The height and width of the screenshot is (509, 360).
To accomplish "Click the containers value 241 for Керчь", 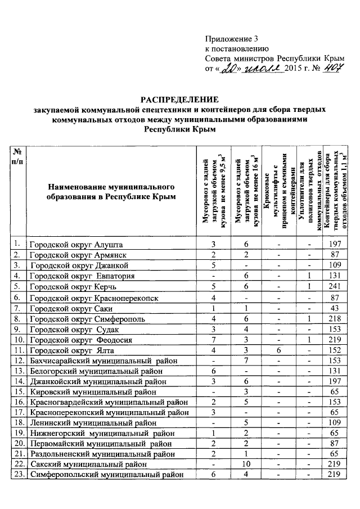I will click(334, 286).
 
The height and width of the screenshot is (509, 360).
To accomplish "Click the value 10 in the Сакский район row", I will click(246, 465).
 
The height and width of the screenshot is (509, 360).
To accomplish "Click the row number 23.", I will click(19, 475).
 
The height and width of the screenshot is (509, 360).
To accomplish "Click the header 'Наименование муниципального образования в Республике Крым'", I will click(111, 191).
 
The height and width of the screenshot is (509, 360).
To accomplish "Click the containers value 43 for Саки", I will click(334, 308).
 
